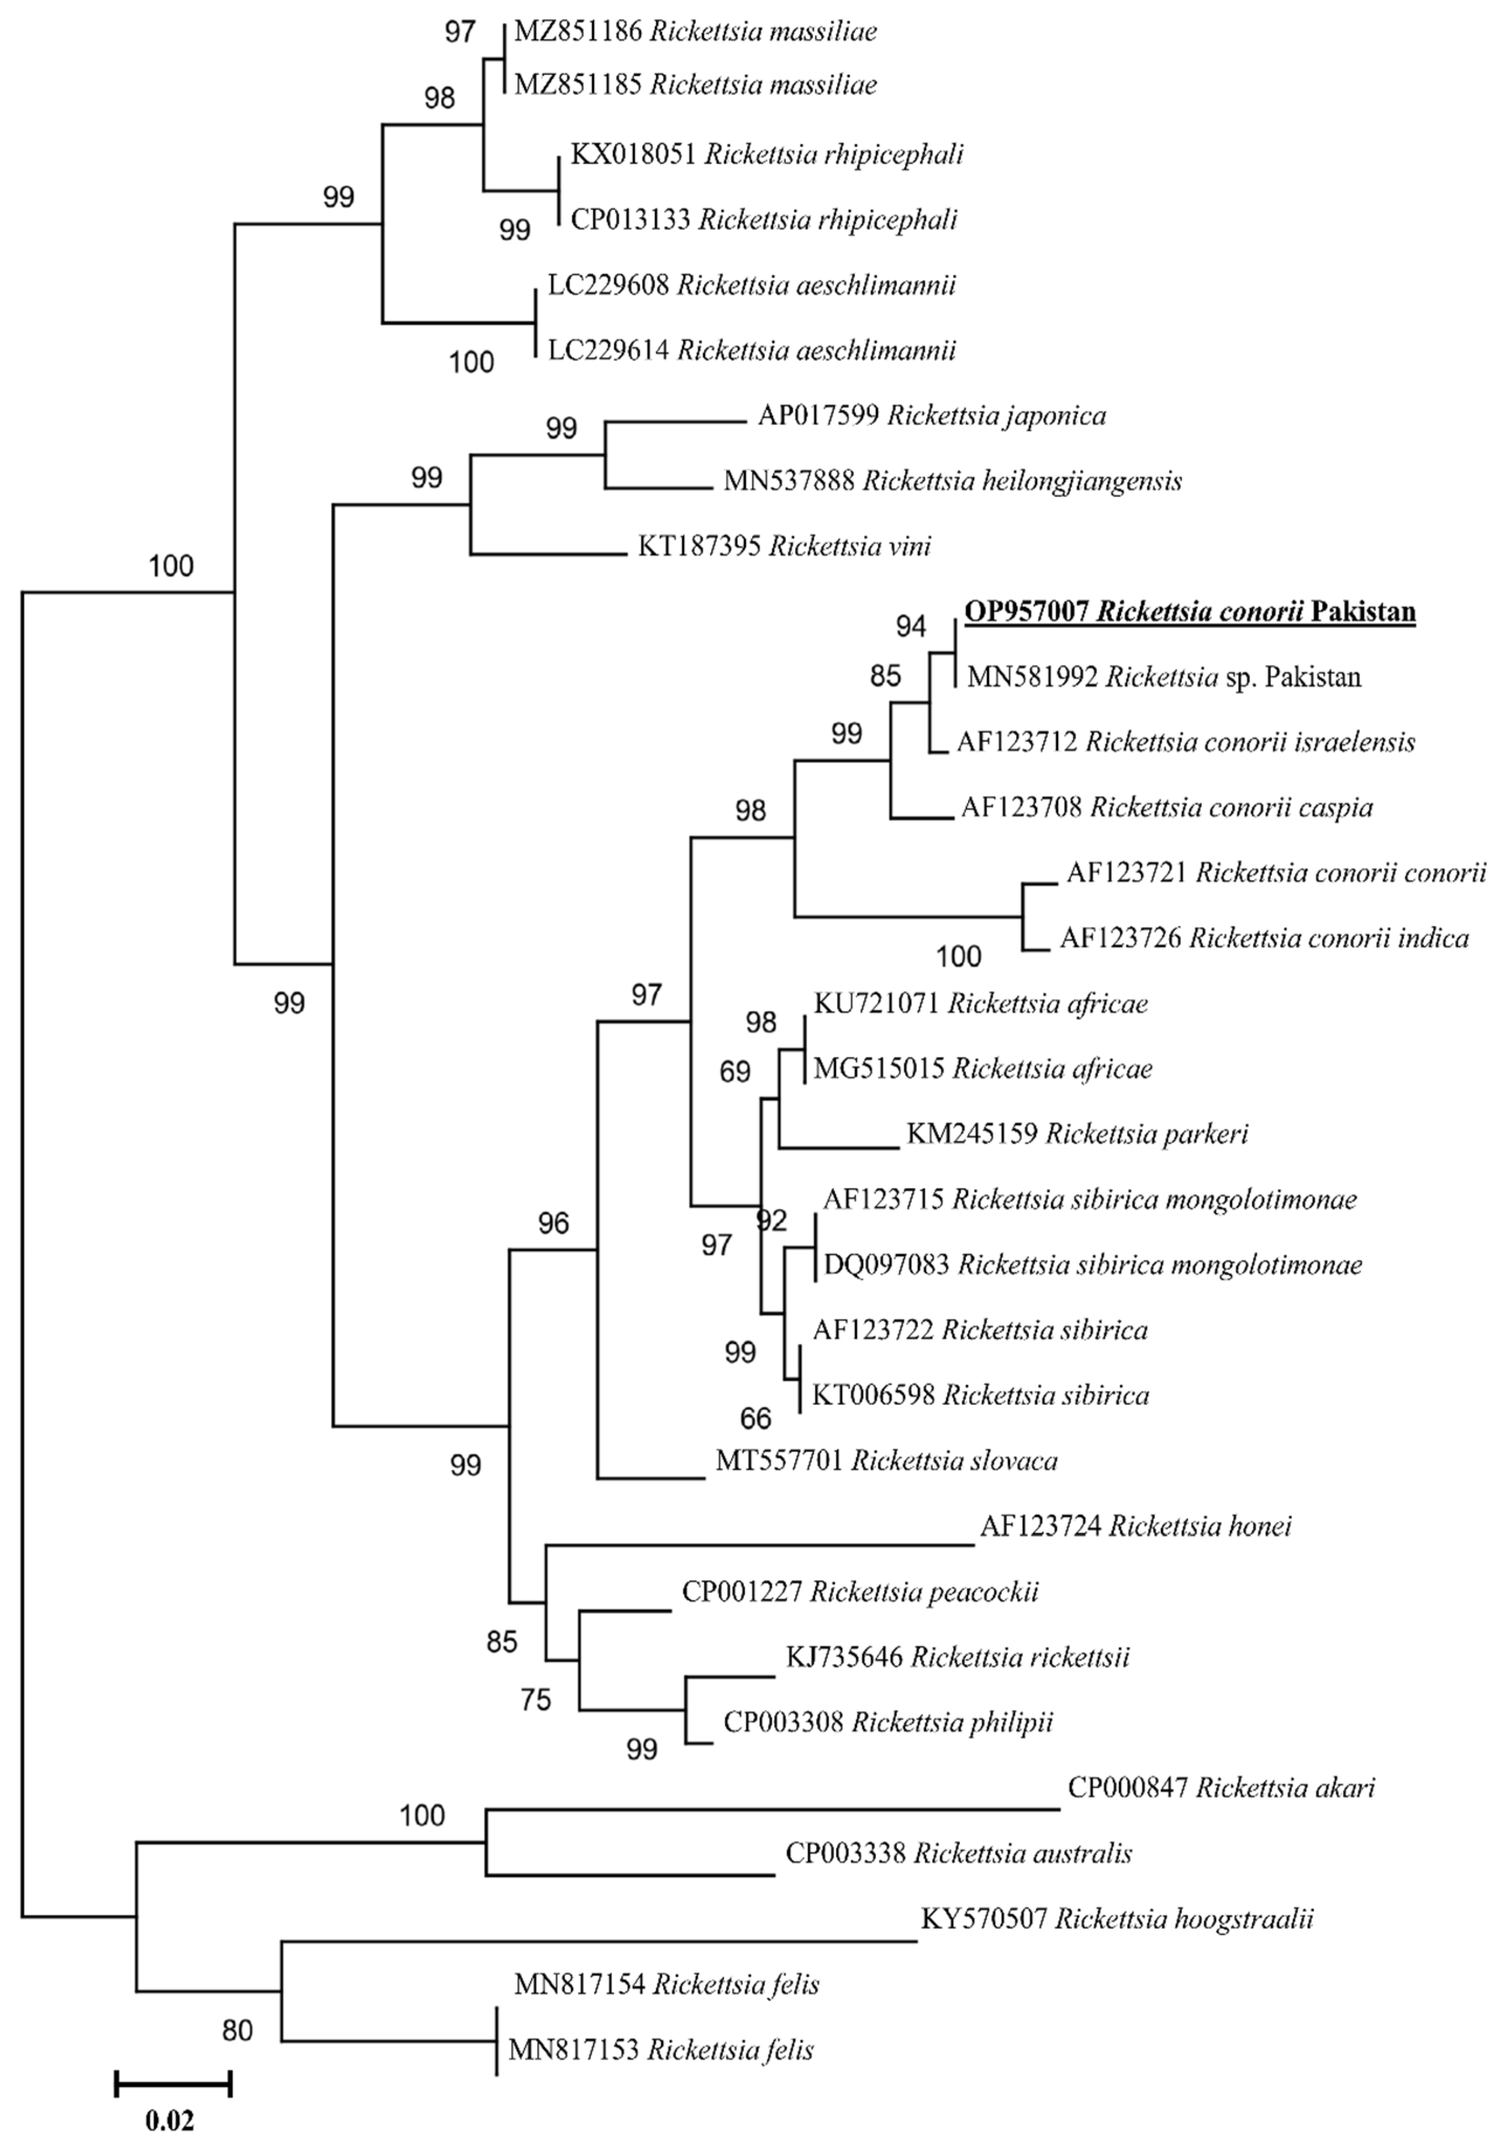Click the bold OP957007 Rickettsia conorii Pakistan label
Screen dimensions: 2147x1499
click(x=1189, y=612)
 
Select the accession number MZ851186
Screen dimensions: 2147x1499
click(x=578, y=32)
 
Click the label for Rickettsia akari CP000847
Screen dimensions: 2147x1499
click(x=1220, y=1788)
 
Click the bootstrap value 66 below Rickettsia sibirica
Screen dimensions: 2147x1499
click(x=756, y=1418)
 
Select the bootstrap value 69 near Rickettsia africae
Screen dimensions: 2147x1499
click(x=735, y=1071)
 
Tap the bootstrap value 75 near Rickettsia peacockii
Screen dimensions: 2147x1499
click(x=536, y=1699)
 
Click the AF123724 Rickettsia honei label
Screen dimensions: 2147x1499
click(x=1135, y=1526)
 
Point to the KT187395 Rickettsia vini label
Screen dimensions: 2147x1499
click(x=784, y=546)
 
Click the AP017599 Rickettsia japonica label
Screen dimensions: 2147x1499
click(x=931, y=415)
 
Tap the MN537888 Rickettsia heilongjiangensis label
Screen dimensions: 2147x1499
click(x=952, y=481)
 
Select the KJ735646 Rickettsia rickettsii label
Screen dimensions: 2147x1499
click(x=956, y=1657)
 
